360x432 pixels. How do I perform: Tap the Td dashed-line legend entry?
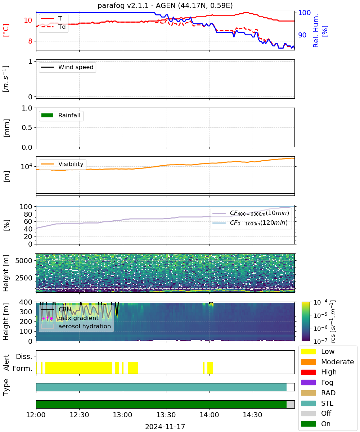[53, 27]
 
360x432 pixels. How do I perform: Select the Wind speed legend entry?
[67, 67]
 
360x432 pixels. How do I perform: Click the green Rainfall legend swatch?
[48, 115]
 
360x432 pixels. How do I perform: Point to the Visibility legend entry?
[62, 164]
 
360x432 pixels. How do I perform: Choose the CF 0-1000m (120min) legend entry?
[250, 223]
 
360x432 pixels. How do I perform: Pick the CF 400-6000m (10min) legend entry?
[251, 213]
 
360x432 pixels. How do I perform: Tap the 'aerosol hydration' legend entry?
[76, 326]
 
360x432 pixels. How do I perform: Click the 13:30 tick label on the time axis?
[166, 415]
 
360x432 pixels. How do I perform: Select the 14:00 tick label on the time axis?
[210, 415]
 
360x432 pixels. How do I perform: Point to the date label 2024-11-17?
[165, 427]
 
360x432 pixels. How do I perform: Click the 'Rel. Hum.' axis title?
[316, 31]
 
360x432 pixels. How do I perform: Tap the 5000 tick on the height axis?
[24, 261]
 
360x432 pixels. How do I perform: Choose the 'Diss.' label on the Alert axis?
[24, 356]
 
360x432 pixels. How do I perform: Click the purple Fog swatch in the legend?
[308, 383]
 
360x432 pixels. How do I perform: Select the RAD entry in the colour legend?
[318, 393]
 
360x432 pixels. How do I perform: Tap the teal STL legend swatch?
[308, 403]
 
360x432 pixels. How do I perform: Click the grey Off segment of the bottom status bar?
[291, 404]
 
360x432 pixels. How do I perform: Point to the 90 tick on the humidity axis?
[302, 35]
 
